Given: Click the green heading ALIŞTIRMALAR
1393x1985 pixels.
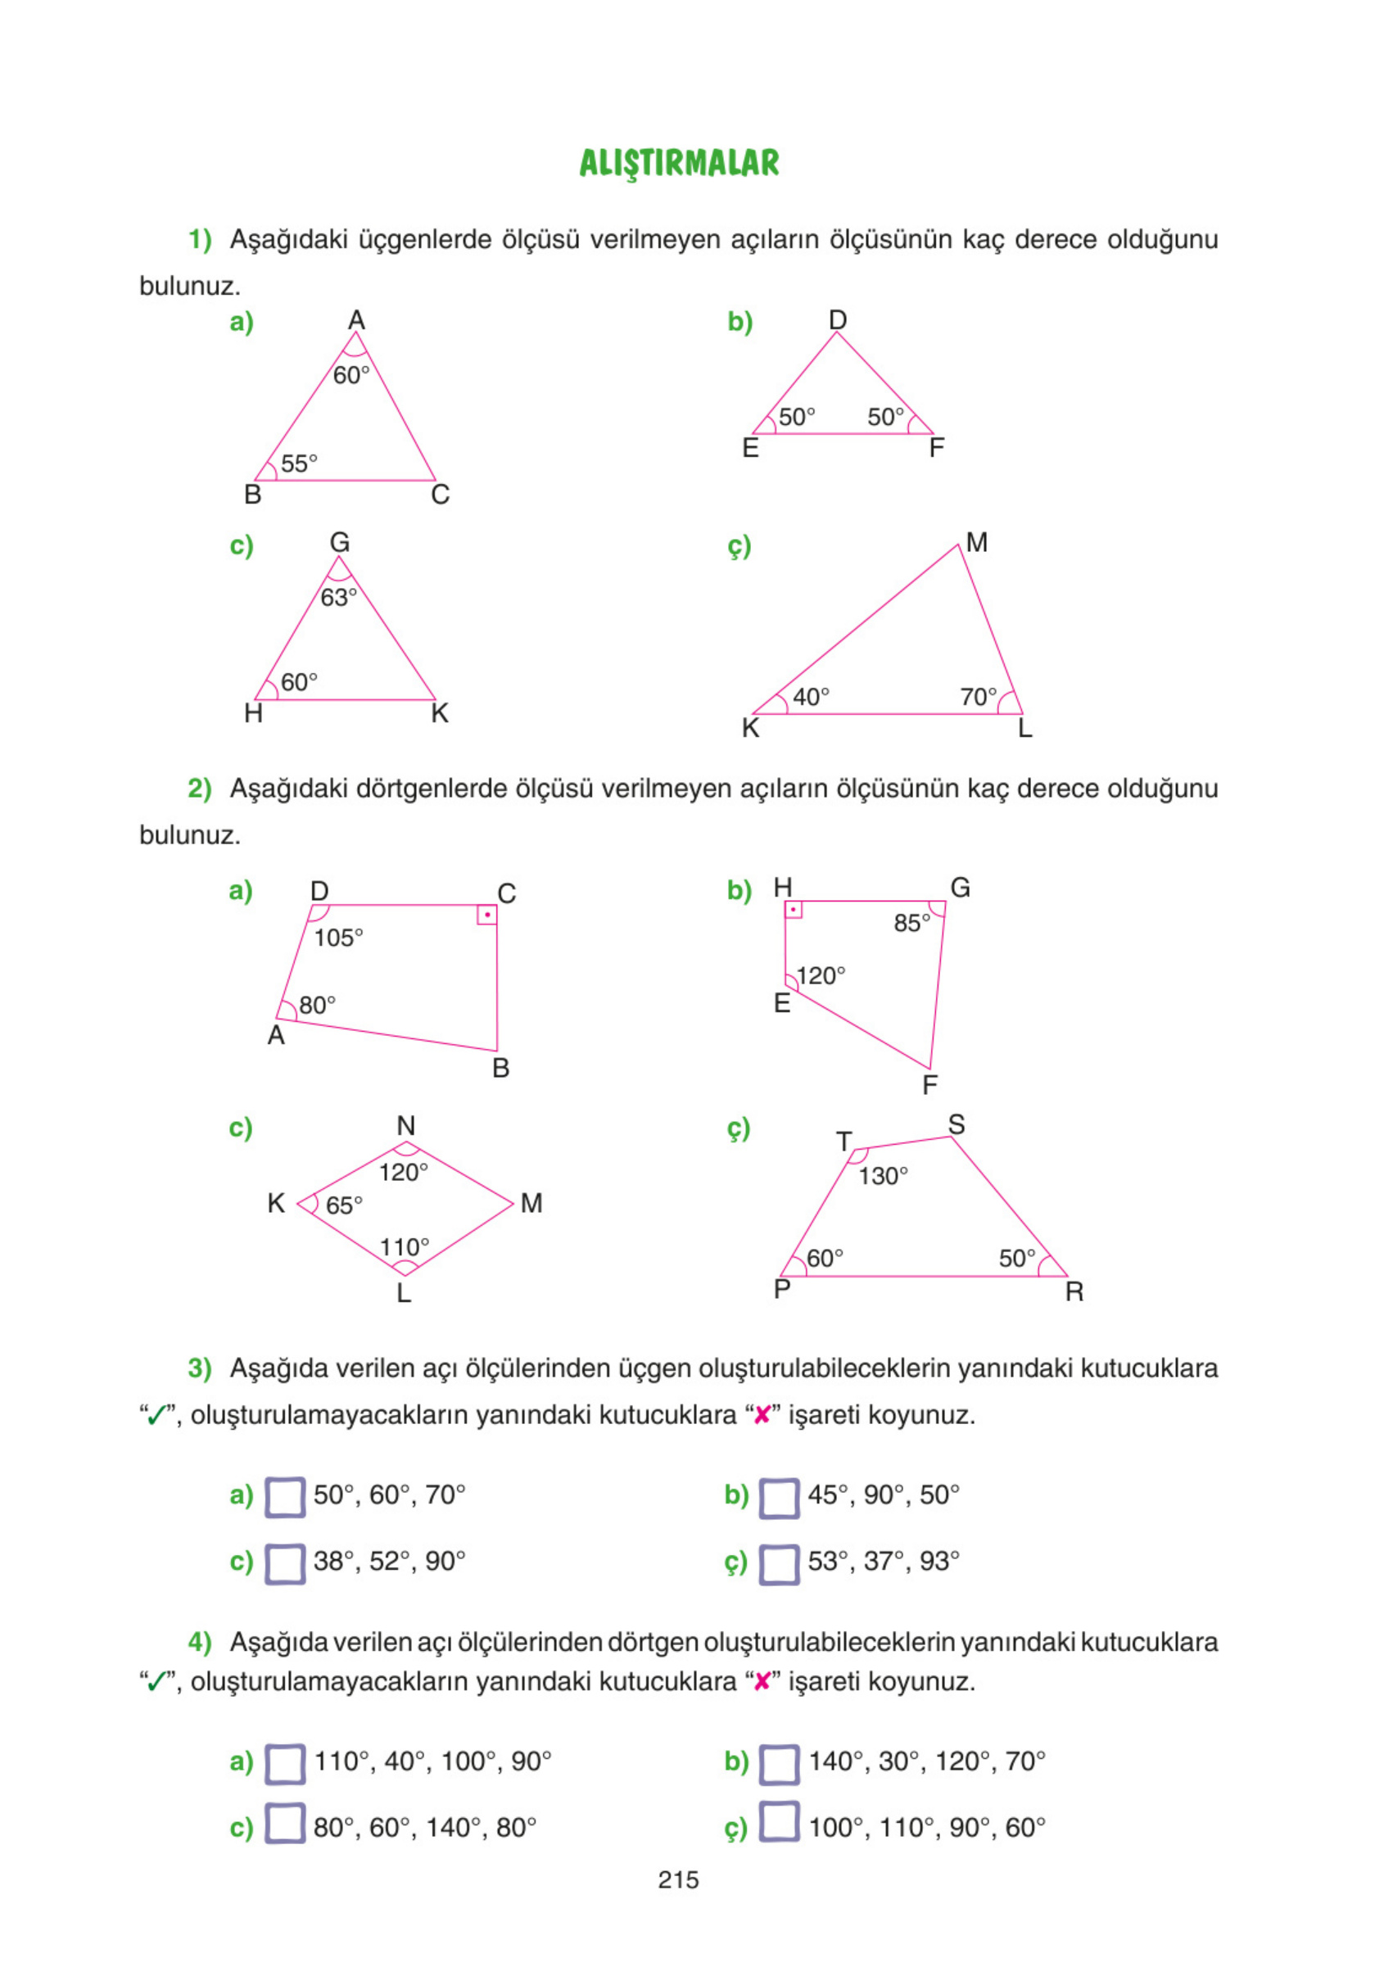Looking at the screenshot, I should [x=679, y=162].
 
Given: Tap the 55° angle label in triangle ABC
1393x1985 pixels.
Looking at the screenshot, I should [x=299, y=463].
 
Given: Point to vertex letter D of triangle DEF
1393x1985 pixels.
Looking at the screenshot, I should [x=837, y=320].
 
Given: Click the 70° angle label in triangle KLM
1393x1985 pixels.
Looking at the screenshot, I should [x=978, y=697].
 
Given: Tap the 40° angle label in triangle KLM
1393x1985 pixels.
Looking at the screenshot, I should [x=810, y=697].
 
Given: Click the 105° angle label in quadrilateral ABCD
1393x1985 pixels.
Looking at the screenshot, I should [x=338, y=937].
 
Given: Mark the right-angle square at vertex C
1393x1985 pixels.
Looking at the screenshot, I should [x=486, y=915].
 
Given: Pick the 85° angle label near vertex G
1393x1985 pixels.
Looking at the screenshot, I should [x=911, y=924].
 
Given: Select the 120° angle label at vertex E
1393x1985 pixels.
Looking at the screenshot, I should [x=820, y=976].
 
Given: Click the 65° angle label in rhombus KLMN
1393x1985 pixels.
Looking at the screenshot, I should [x=343, y=1205].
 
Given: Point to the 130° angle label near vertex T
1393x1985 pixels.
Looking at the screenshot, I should [x=883, y=1176].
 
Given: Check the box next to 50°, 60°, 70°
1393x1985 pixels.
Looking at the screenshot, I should [x=284, y=1498].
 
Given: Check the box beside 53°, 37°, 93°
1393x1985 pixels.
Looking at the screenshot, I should [x=778, y=1564].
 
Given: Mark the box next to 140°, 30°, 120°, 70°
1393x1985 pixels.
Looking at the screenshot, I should [x=778, y=1765].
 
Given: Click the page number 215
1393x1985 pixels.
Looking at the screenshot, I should [x=678, y=1879].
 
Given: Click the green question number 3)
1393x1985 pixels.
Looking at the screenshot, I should [x=200, y=1368].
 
